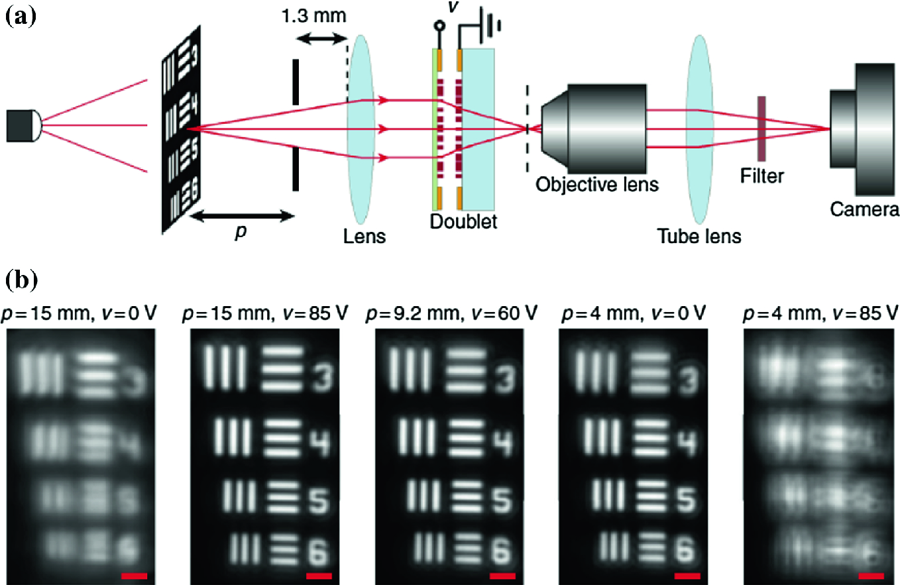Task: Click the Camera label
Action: click(864, 210)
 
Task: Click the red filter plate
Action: click(762, 129)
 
